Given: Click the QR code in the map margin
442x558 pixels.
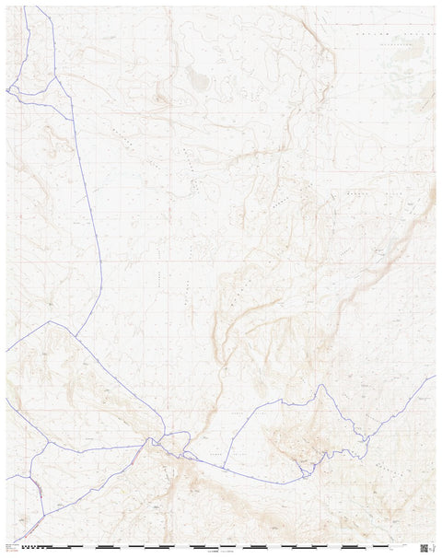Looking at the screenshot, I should tap(423, 547).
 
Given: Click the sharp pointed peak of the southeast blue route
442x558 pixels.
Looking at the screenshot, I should tap(321, 387).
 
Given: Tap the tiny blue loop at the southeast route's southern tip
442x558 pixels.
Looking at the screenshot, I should tap(303, 474).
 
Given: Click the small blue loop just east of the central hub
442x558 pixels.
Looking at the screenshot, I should tap(188, 454).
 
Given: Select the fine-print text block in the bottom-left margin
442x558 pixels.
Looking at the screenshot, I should tap(13, 548).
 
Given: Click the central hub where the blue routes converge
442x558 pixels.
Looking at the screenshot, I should tap(161, 439).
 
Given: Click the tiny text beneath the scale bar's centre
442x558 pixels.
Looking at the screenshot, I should tap(221, 552).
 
